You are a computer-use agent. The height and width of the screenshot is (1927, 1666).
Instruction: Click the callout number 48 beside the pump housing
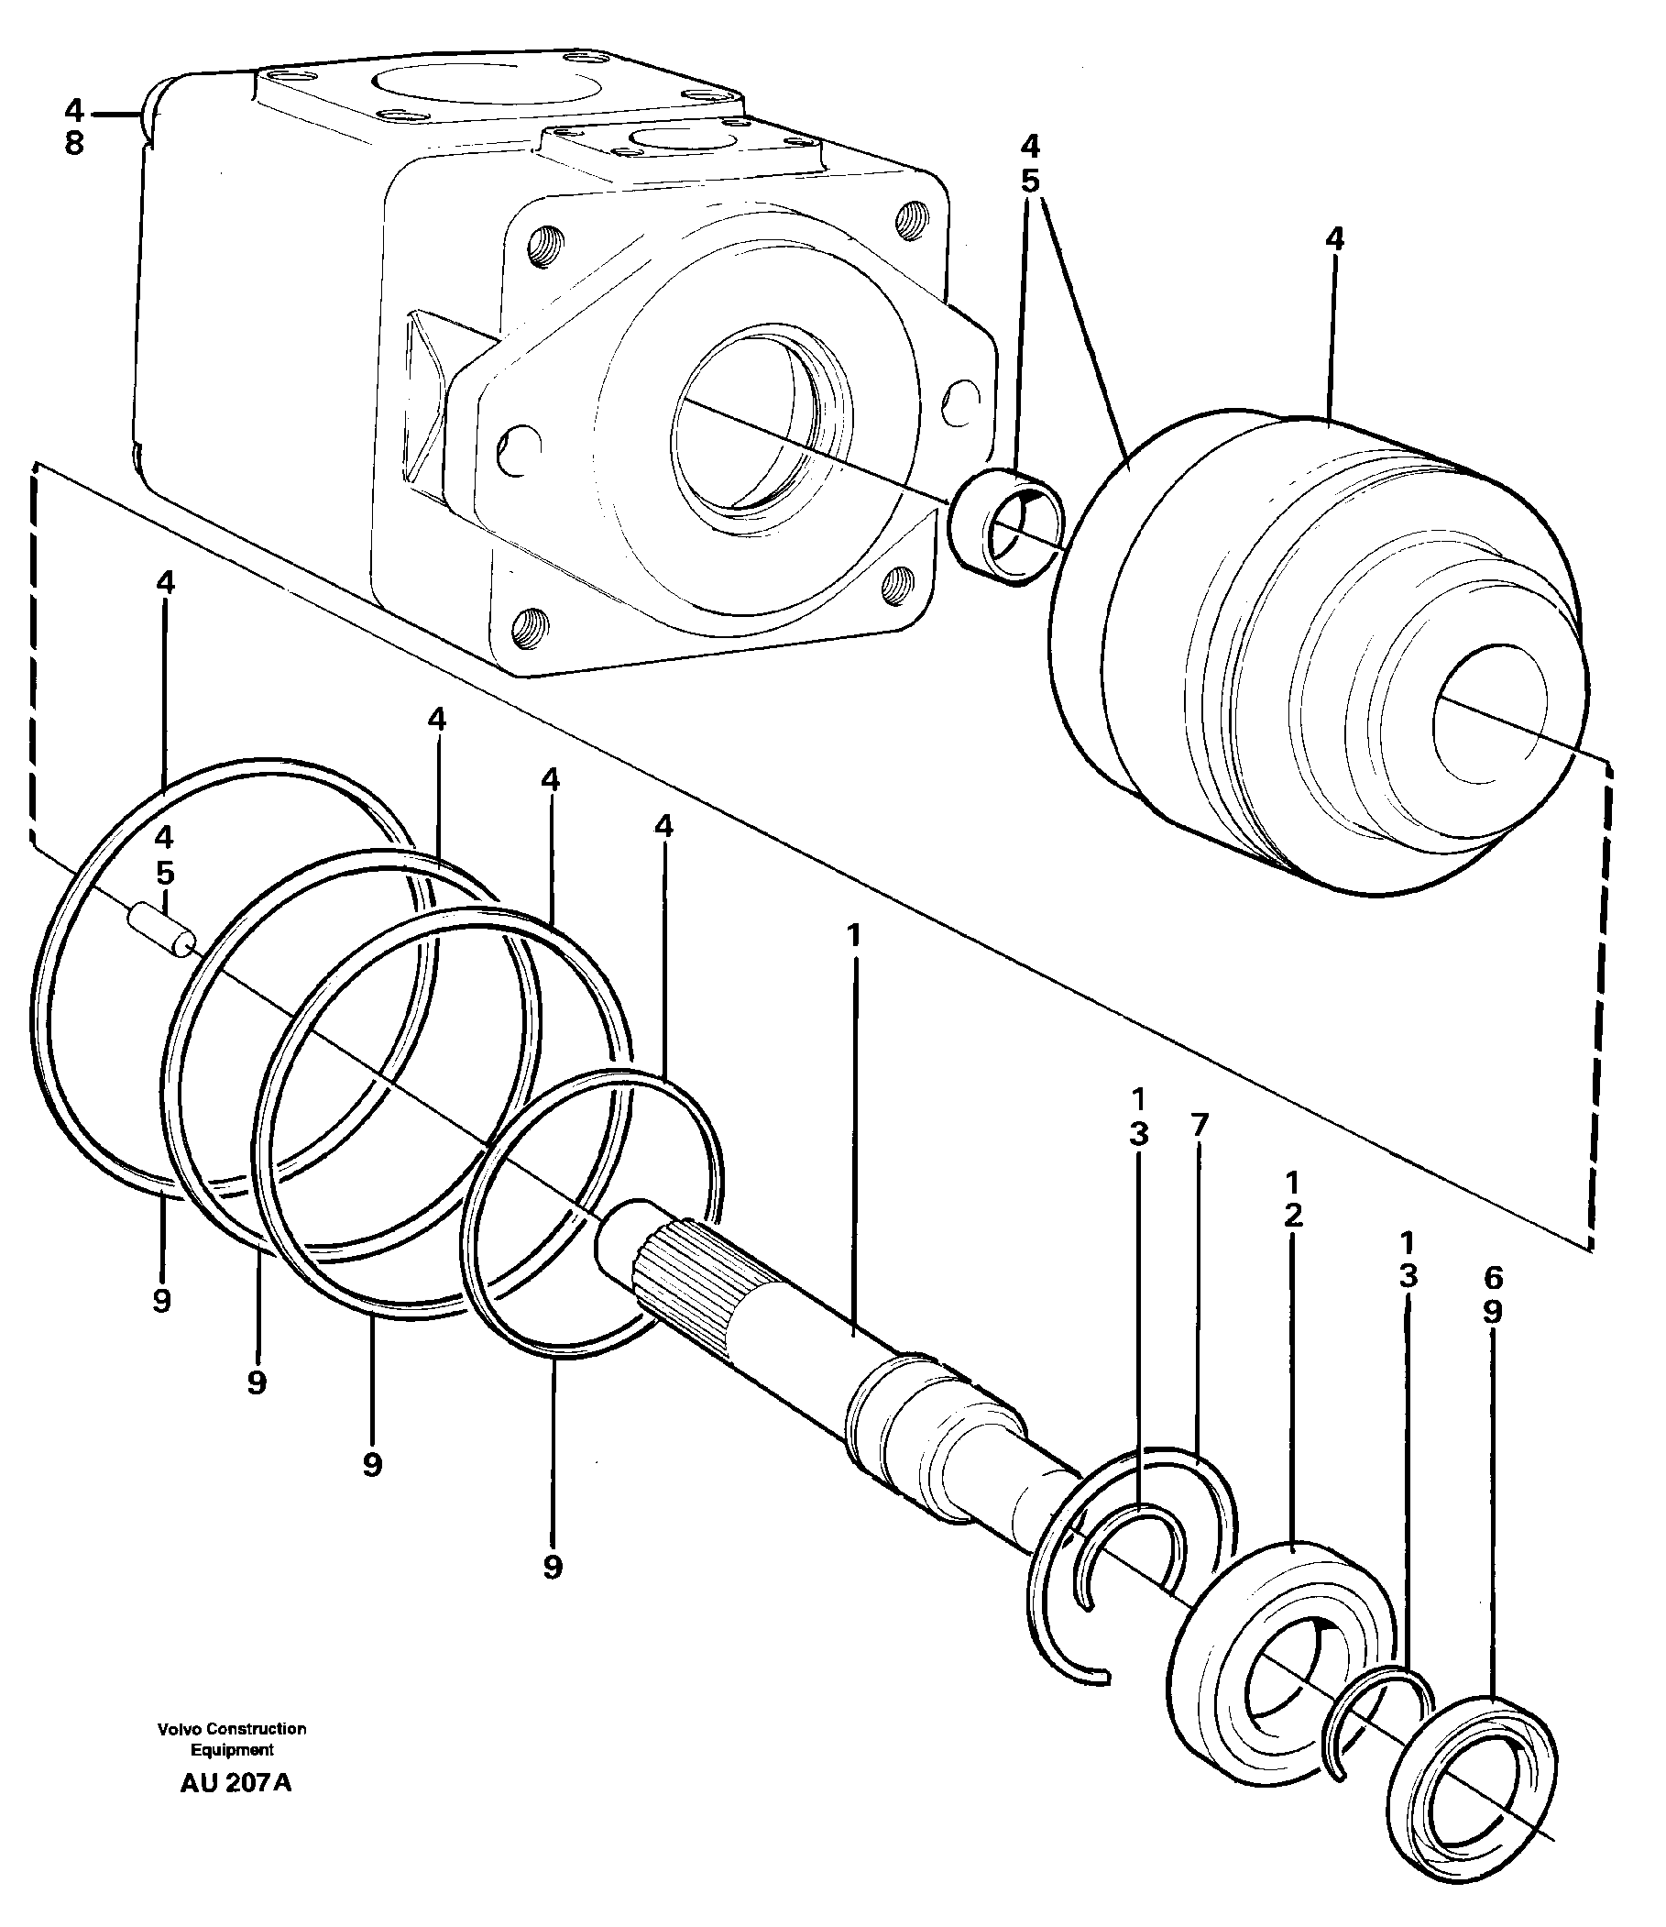click(x=74, y=127)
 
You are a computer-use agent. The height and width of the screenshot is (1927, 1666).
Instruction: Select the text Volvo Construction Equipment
click(x=232, y=1739)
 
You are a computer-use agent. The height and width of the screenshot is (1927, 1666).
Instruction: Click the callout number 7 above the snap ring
click(x=1199, y=1126)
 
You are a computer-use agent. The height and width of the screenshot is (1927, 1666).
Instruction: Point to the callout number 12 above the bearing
click(x=1292, y=1199)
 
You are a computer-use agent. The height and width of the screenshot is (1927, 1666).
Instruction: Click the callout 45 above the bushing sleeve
click(x=1029, y=164)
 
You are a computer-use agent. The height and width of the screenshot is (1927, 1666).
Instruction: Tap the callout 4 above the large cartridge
click(x=1334, y=239)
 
